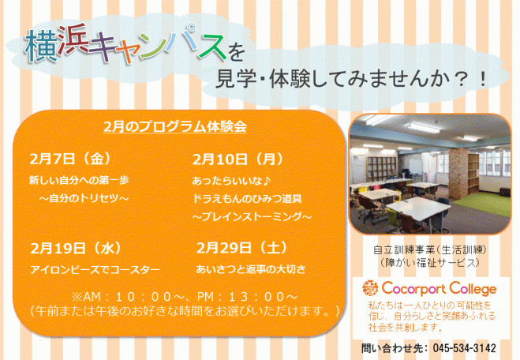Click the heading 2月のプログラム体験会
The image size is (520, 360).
(175, 127)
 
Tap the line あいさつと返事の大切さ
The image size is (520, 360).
(252, 270)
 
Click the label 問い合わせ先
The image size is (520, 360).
(387, 347)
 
